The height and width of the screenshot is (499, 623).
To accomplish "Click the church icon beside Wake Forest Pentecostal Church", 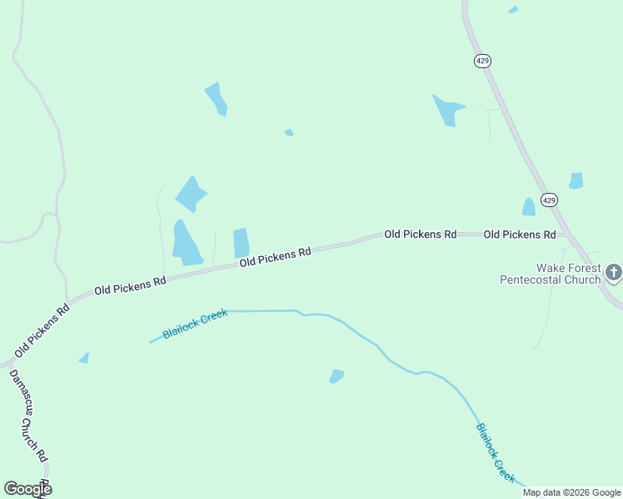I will tap(613, 272).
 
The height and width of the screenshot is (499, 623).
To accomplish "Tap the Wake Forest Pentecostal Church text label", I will tap(551, 274).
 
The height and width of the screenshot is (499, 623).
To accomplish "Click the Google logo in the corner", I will tap(27, 489).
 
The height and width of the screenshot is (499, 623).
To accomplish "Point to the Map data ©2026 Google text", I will tap(571, 492).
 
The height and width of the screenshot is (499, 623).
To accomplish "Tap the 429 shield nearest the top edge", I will tap(483, 61).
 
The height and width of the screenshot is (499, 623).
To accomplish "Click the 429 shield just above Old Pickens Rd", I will tap(548, 200).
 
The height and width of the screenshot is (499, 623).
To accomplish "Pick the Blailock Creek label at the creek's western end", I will tap(195, 323).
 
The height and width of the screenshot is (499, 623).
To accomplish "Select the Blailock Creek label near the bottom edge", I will tap(496, 452).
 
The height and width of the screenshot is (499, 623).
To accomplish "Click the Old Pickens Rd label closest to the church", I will tap(519, 235).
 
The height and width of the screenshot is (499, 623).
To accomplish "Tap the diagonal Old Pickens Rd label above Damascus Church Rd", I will tap(40, 330).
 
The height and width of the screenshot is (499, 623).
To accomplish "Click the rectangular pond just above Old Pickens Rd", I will tap(242, 243).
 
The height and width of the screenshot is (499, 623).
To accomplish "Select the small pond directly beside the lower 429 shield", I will tap(528, 207).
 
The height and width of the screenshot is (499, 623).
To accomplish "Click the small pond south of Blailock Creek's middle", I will tap(336, 376).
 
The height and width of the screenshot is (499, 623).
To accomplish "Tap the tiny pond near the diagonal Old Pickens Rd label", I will tap(84, 358).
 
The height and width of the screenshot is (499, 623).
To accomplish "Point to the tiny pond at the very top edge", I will tap(513, 10).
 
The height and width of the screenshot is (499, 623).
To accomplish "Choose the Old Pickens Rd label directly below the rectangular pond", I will tap(275, 256).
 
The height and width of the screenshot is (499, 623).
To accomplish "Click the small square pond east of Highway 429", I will tap(576, 180).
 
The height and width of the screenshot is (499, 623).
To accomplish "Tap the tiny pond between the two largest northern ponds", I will tap(289, 132).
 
